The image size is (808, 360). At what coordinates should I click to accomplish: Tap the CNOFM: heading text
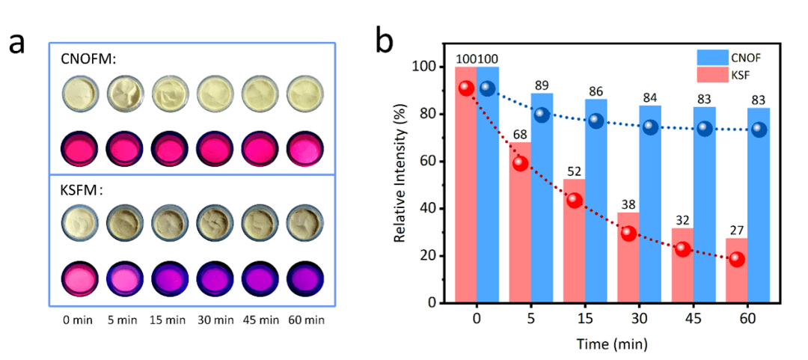88,59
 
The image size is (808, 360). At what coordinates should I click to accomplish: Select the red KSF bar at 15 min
574,241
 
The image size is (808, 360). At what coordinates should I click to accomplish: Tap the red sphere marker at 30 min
628,234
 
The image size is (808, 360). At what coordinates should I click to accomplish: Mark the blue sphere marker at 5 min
542,115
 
